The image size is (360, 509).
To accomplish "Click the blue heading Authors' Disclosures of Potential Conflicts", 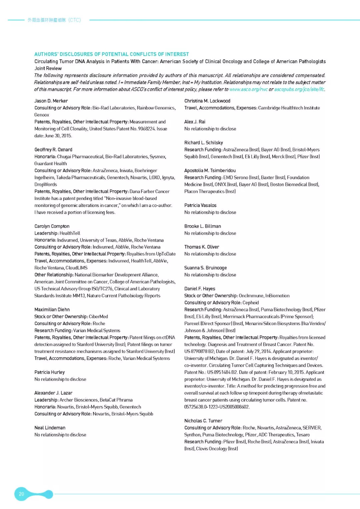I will (111, 54).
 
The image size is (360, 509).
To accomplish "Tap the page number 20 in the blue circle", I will (21, 494).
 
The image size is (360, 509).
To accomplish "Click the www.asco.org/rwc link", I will (248, 89).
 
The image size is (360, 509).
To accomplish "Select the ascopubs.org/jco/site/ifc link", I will (299, 89).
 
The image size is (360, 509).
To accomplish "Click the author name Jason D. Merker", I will (51, 101).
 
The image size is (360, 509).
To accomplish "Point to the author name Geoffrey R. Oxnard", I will (53, 150).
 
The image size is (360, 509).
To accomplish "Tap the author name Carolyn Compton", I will (52, 226).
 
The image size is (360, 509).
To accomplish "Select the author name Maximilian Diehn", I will (52, 310).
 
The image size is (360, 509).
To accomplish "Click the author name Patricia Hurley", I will (50, 372).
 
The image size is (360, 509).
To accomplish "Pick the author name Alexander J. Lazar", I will (53, 393).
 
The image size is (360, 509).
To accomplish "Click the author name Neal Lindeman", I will (50, 428).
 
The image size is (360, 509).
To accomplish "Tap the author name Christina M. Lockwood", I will (207, 101).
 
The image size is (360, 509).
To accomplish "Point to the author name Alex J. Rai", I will (195, 122).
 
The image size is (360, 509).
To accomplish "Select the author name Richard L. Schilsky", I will (204, 143).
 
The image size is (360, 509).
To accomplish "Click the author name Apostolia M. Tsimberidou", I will (210, 171).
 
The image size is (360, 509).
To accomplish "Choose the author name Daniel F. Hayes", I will (200, 289).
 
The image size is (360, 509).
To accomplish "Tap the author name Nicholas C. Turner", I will (203, 421).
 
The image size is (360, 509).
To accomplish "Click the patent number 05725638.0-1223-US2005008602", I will (217, 407).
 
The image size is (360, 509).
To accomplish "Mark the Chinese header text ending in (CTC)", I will (54, 20).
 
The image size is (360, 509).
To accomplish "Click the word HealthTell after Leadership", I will (70, 233).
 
